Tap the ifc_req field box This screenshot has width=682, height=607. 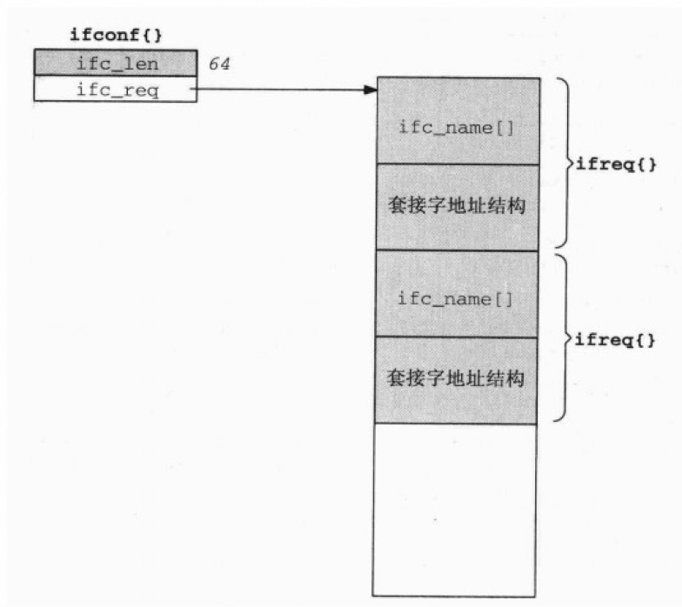tap(115, 90)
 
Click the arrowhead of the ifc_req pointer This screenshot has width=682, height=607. tap(370, 89)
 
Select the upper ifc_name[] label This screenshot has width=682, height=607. tap(455, 127)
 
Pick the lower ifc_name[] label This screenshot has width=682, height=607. tap(455, 299)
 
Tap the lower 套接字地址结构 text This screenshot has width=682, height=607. tap(456, 379)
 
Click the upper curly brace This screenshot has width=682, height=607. tap(563, 163)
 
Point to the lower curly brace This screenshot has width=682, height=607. tap(563, 337)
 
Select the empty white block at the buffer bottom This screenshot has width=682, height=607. tap(455, 509)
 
